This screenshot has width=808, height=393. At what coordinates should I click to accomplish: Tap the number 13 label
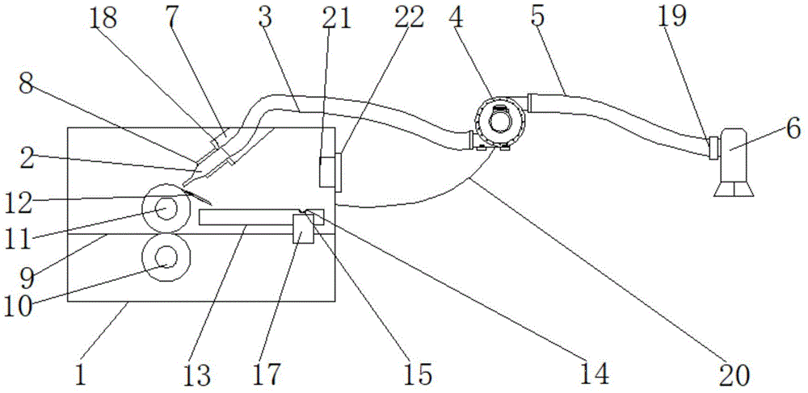[x=197, y=374]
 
